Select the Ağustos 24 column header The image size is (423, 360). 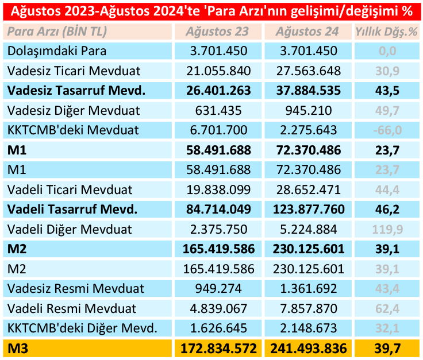(307, 32)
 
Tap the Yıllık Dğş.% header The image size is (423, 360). (387, 32)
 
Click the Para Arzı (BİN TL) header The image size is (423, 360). (57, 32)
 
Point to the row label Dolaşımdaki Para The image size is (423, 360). (57, 51)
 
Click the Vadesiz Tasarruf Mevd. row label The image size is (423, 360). (76, 91)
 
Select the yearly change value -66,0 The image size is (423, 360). (387, 130)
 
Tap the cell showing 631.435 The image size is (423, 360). (218, 110)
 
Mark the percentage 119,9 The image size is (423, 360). (387, 229)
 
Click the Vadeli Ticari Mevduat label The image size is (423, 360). (70, 189)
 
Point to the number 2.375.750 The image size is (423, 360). (218, 229)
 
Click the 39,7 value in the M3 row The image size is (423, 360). (387, 349)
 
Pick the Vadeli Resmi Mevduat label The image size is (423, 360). (72, 308)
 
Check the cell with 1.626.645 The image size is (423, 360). (218, 328)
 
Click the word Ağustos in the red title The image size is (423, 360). (37, 11)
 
